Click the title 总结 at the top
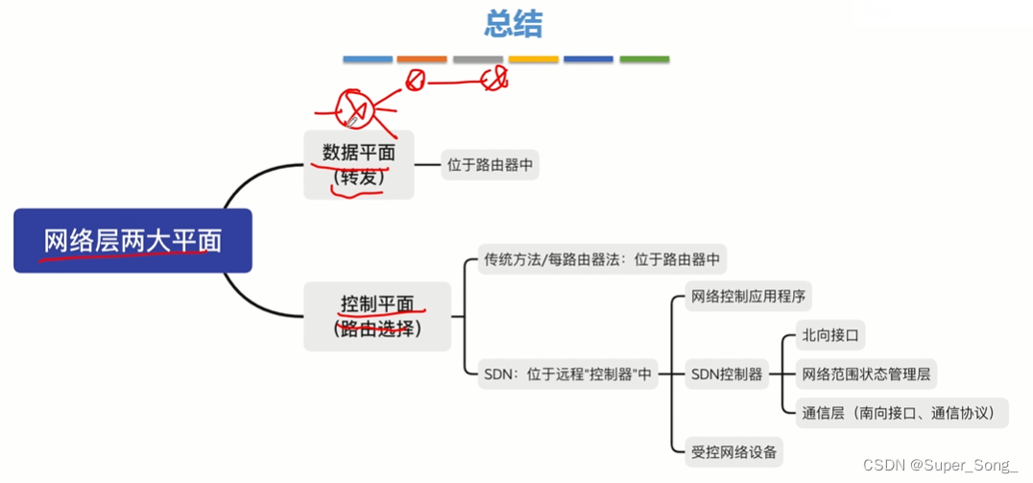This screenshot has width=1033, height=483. click(513, 24)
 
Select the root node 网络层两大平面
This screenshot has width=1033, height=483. click(132, 240)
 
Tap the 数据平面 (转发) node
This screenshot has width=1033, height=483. click(358, 164)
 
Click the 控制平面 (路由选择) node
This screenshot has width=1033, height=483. click(377, 316)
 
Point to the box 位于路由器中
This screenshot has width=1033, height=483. click(490, 165)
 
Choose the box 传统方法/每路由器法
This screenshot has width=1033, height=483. click(601, 259)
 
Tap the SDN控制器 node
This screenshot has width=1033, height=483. click(727, 374)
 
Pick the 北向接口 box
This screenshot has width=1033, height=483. click(830, 336)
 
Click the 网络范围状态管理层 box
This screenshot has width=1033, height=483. click(868, 374)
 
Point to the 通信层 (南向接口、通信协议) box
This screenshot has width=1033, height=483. click(903, 413)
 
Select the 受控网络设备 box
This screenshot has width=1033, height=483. click(733, 449)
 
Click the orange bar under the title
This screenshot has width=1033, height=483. click(421, 60)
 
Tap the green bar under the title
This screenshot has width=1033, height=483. click(644, 60)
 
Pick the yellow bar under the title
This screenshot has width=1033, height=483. click(533, 60)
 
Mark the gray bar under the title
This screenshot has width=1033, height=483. click(477, 60)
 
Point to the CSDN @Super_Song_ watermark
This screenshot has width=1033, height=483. click(940, 466)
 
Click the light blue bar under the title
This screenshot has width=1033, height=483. click(368, 60)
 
